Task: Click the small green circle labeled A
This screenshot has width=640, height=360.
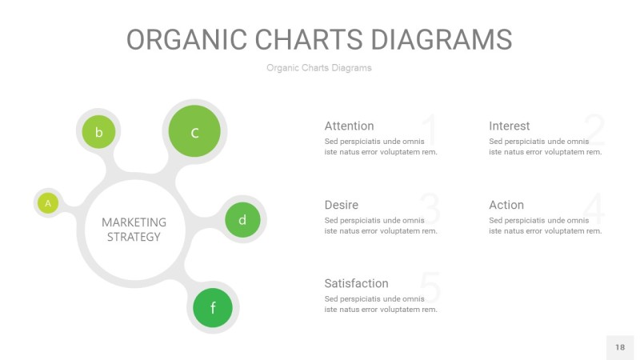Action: click(x=48, y=203)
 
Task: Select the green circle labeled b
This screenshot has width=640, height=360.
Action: click(x=98, y=132)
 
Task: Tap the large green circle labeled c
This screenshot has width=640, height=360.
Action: click(x=194, y=131)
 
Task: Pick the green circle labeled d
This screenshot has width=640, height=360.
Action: click(x=242, y=219)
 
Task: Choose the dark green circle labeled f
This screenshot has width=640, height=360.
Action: click(x=213, y=307)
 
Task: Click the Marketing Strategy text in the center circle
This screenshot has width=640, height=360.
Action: click(x=134, y=230)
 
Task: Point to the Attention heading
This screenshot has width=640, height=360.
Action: click(x=349, y=126)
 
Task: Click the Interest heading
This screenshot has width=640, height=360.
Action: click(x=509, y=126)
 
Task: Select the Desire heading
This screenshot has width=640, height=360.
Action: click(x=341, y=205)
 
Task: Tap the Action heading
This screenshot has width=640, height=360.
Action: click(x=506, y=205)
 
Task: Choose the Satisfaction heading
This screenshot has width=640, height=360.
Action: click(x=356, y=283)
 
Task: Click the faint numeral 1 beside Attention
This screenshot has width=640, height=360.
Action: click(x=429, y=130)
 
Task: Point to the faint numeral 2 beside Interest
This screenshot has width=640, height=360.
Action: click(x=594, y=130)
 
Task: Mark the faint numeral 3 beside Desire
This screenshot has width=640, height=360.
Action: click(x=430, y=209)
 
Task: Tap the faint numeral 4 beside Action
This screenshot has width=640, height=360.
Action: click(x=594, y=209)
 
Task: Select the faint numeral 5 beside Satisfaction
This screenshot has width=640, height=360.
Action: click(x=430, y=288)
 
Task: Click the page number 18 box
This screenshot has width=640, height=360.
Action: click(x=619, y=347)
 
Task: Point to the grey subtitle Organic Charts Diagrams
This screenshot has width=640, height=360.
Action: click(x=319, y=68)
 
